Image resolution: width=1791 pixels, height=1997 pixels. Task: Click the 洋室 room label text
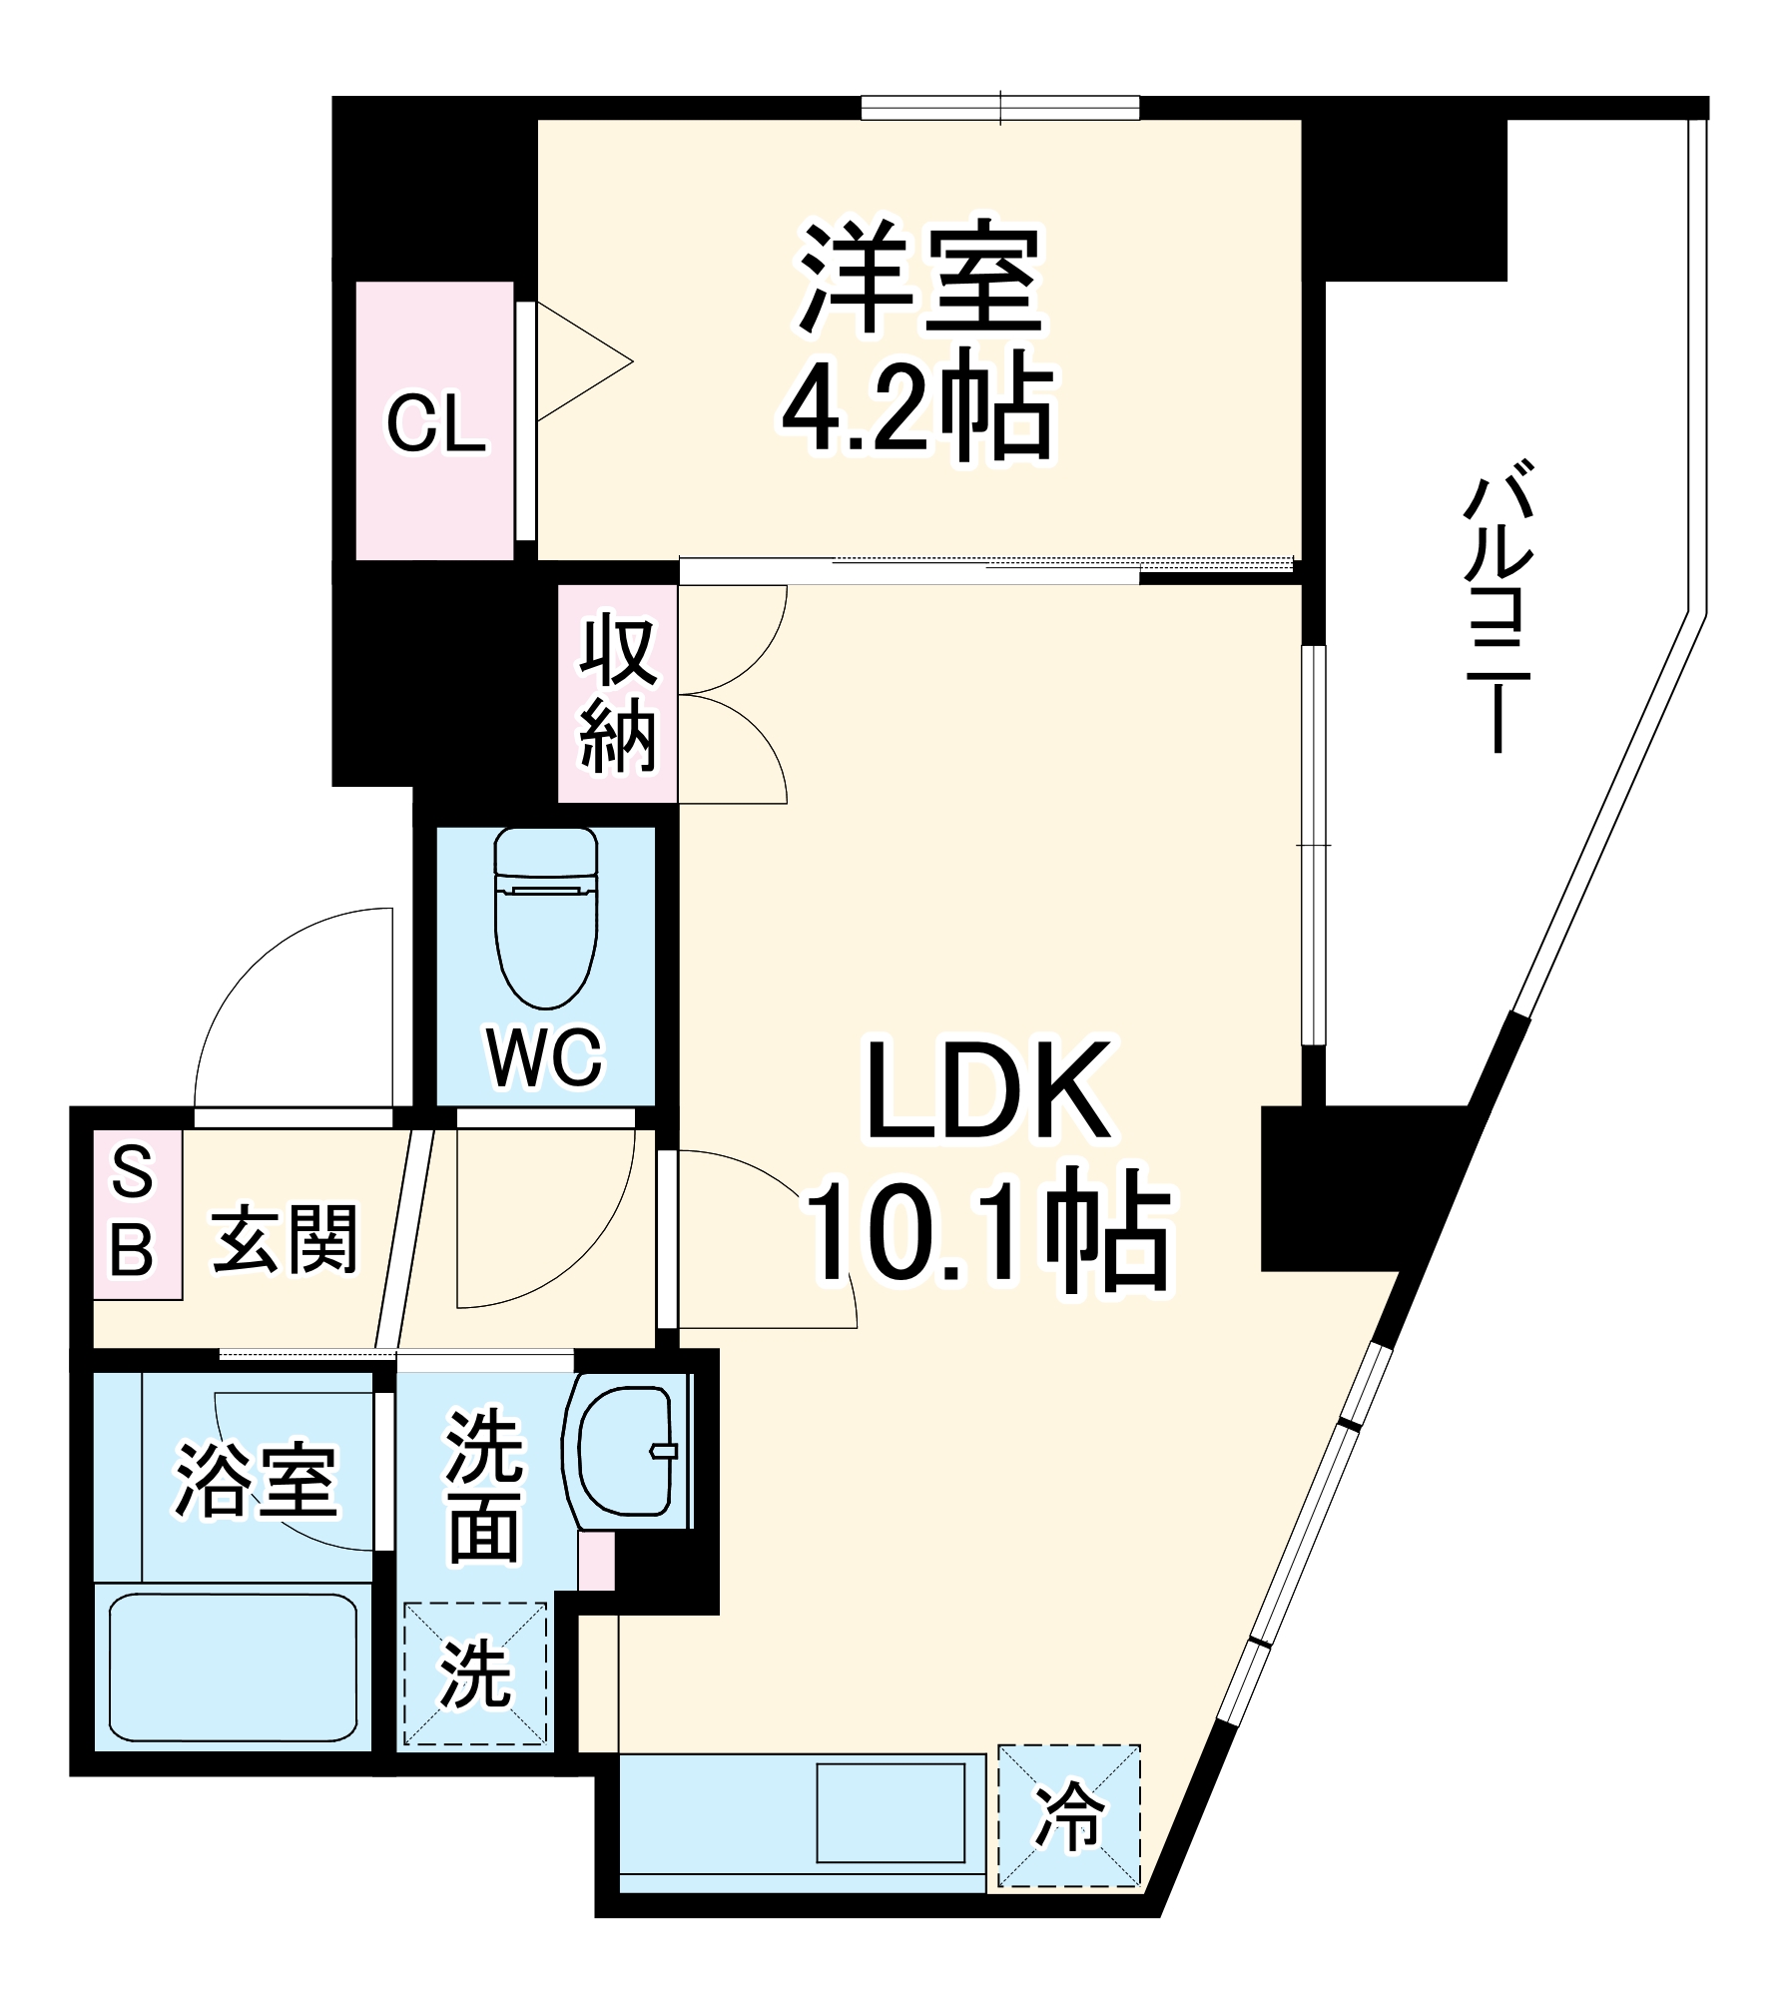pos(919,279)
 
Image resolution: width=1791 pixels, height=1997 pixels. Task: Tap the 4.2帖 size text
pos(915,407)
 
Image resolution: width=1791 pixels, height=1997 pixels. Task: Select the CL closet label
pos(436,424)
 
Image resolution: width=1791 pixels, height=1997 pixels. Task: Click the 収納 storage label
pos(618,696)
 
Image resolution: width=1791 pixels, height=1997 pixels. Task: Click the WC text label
pos(545,1057)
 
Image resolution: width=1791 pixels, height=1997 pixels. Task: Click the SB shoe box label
pos(133,1212)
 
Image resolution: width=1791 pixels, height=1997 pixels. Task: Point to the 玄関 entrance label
pos(285,1239)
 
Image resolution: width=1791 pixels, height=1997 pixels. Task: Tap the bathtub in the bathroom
pos(233,1666)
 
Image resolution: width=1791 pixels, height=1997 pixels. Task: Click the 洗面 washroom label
pos(484,1485)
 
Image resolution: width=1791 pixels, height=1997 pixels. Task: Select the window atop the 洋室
pos(999,107)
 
